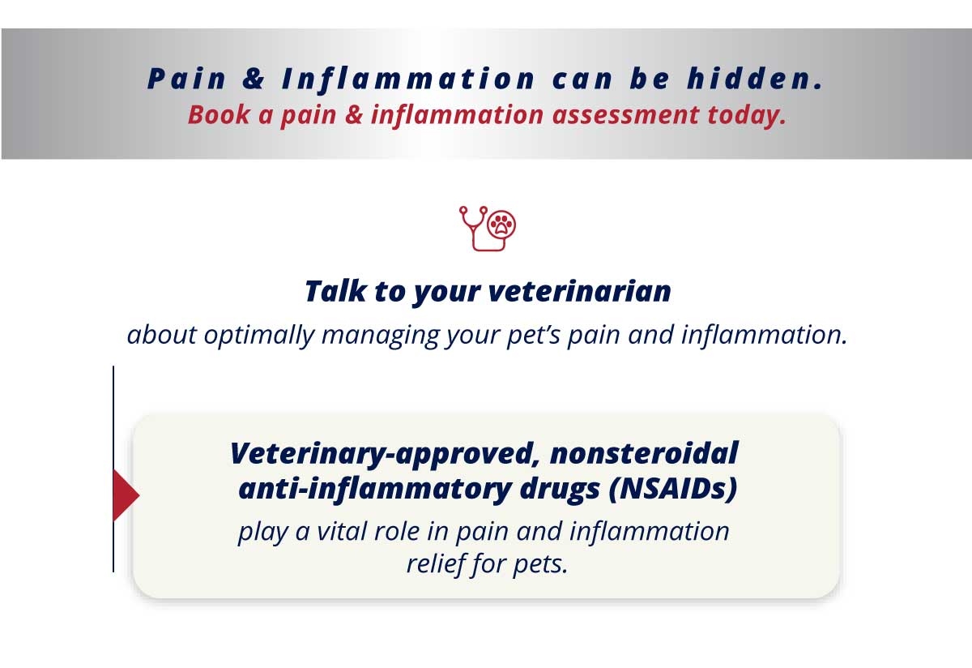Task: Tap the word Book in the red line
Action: pyautogui.click(x=219, y=115)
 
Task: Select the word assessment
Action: pyautogui.click(x=625, y=116)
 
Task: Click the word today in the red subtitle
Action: pyautogui.click(x=746, y=116)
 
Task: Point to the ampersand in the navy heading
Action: pyautogui.click(x=254, y=79)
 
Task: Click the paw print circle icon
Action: pyautogui.click(x=501, y=225)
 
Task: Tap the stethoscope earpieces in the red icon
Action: pyautogui.click(x=473, y=211)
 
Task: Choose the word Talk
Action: pyautogui.click(x=336, y=290)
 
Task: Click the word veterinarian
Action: pyautogui.click(x=580, y=290)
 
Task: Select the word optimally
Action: pyautogui.click(x=259, y=336)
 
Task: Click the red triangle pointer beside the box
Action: pyautogui.click(x=126, y=495)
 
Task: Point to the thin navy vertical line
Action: pyautogui.click(x=113, y=469)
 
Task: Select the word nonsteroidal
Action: pyautogui.click(x=644, y=453)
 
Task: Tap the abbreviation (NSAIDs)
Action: pyautogui.click(x=673, y=489)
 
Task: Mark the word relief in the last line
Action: pyautogui.click(x=434, y=563)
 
